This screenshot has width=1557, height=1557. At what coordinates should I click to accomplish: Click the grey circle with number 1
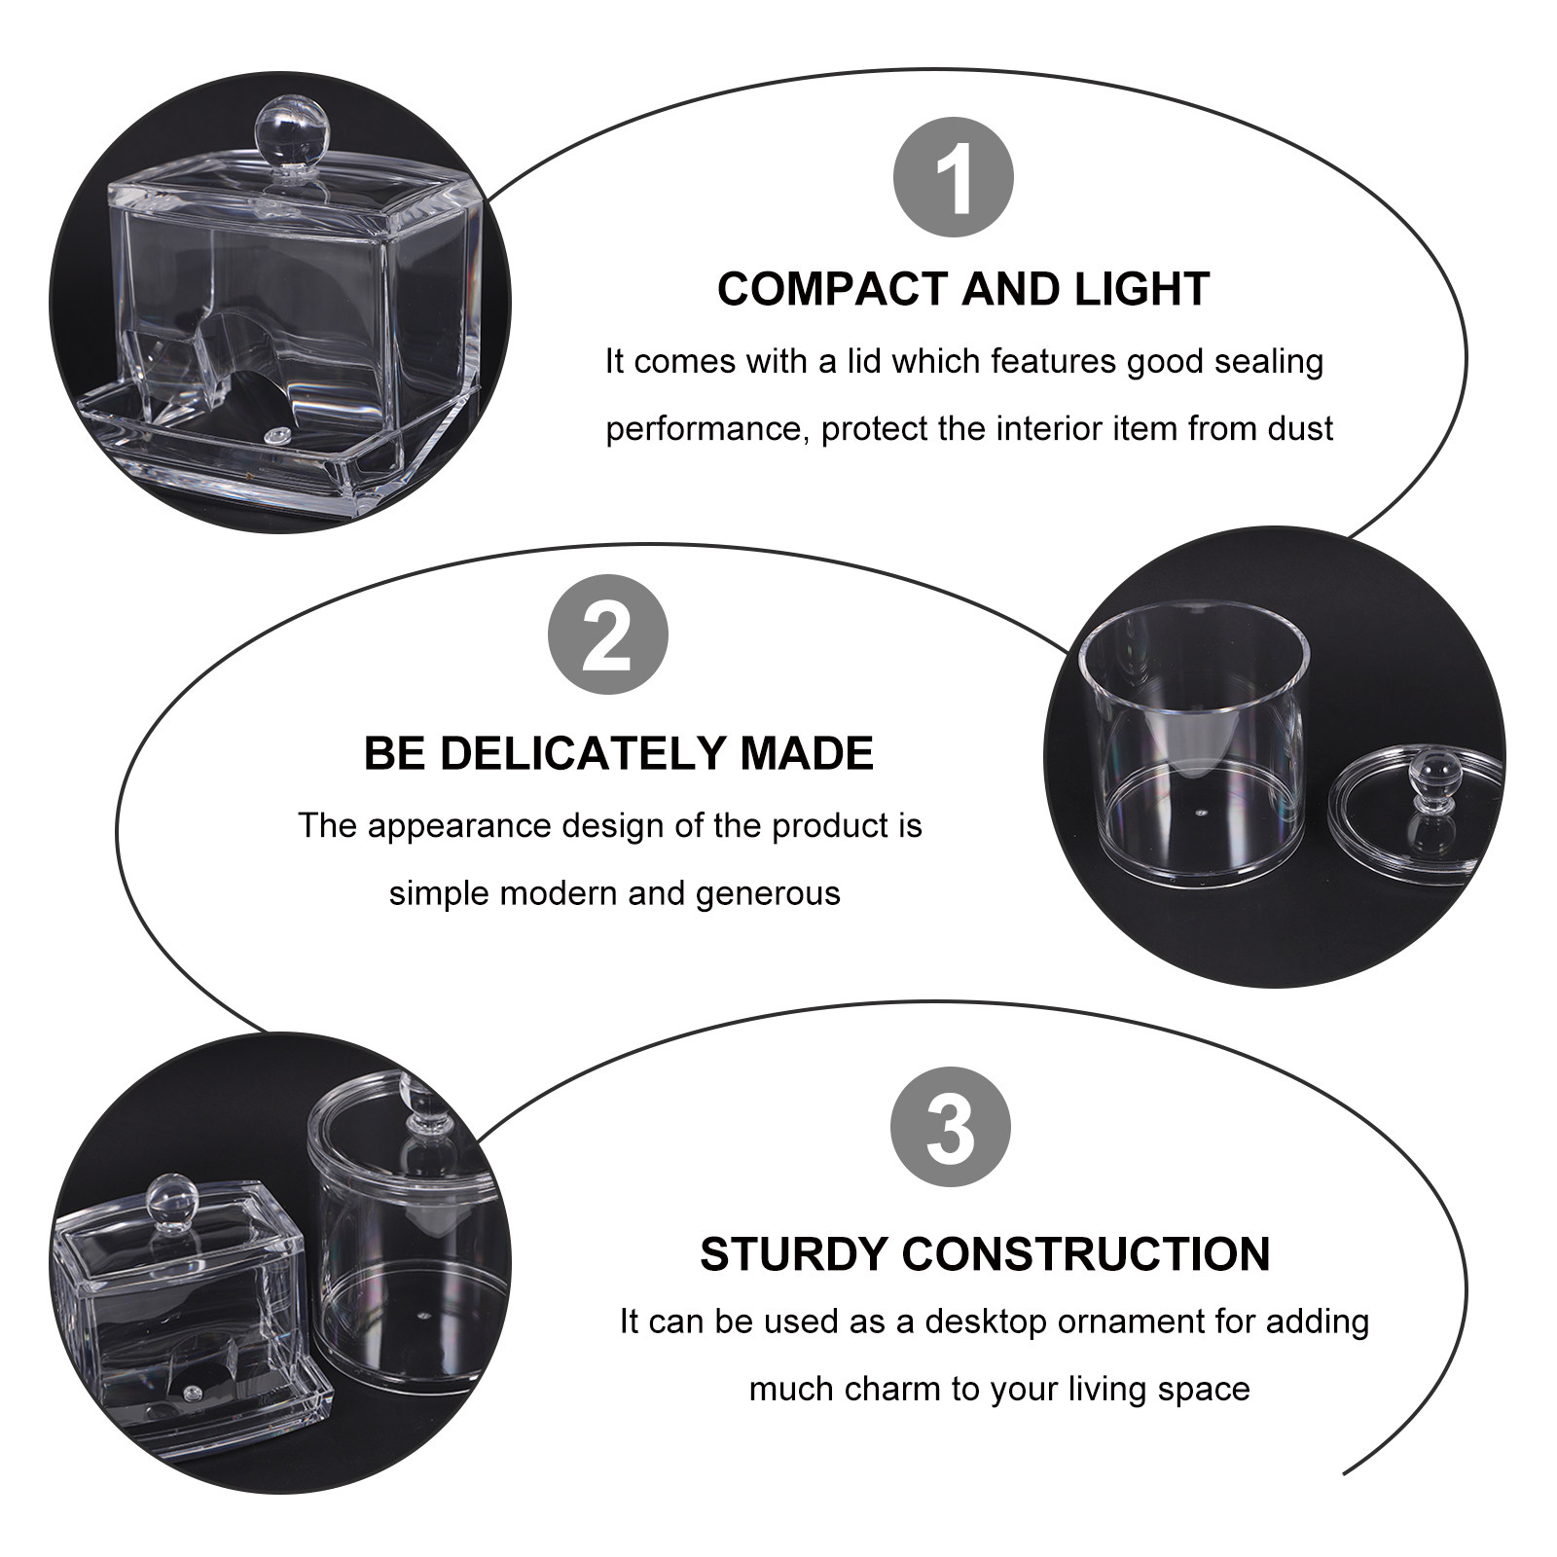pos(953,178)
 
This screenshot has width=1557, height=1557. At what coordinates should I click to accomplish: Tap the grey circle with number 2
pos(609,634)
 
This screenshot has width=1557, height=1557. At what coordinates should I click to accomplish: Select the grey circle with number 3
pos(951,1127)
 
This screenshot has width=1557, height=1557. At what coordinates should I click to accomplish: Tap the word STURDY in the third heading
pos(791,1253)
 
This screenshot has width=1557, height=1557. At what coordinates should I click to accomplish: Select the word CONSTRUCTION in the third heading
pos(1086,1253)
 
